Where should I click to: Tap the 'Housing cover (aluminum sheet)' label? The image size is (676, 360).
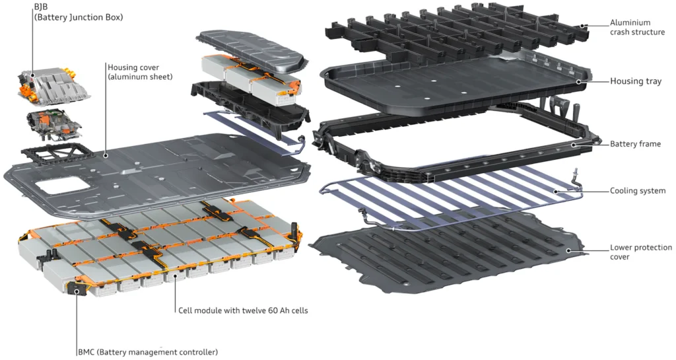(139, 72)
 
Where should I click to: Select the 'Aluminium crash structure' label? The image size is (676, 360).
(637, 27)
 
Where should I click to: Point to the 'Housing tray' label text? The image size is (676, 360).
(635, 81)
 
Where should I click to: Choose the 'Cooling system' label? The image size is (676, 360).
(638, 191)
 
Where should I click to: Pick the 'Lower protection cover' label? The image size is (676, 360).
(640, 252)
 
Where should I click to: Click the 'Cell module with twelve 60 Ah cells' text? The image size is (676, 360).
(243, 310)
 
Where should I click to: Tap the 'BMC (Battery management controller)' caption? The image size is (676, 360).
(147, 352)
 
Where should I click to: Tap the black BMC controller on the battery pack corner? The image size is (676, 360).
(79, 291)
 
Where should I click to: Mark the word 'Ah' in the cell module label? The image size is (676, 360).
(279, 310)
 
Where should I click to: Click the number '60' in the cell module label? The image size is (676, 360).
(265, 310)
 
